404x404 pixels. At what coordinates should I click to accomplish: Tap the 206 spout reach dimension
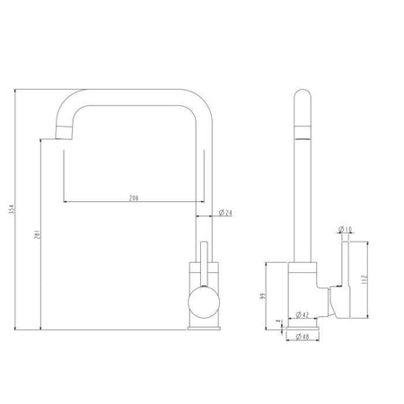135,197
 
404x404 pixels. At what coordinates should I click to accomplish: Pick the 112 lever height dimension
364,277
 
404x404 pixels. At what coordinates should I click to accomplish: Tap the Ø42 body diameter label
303,315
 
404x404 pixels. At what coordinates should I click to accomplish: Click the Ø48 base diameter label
303,338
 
